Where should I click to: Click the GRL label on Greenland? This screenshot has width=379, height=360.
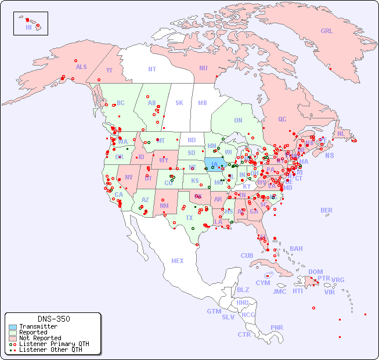[327, 31]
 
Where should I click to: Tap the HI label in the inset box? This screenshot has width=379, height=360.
[28, 27]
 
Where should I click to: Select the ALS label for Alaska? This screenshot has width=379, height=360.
[81, 67]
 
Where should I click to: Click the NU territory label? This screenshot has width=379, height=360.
[203, 68]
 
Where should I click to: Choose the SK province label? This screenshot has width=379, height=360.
[179, 103]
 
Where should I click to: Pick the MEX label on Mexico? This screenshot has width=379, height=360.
[178, 261]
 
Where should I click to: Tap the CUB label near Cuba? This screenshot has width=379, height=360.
[247, 255]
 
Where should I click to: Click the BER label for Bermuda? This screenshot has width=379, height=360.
[326, 210]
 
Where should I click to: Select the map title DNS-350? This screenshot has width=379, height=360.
[53, 319]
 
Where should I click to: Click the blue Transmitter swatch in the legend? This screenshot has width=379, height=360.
[13, 327]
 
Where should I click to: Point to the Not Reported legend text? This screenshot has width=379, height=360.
[40, 338]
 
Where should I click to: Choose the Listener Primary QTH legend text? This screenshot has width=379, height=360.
[54, 344]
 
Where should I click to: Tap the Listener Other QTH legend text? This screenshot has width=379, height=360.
[50, 350]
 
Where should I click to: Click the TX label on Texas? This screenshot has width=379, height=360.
[189, 218]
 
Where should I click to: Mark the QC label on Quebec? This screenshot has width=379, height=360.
[282, 119]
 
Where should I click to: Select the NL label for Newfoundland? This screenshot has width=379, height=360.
[341, 134]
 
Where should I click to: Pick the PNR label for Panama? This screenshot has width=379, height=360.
[277, 327]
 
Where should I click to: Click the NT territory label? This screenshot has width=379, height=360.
[151, 69]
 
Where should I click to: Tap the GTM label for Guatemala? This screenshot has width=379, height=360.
[214, 311]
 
